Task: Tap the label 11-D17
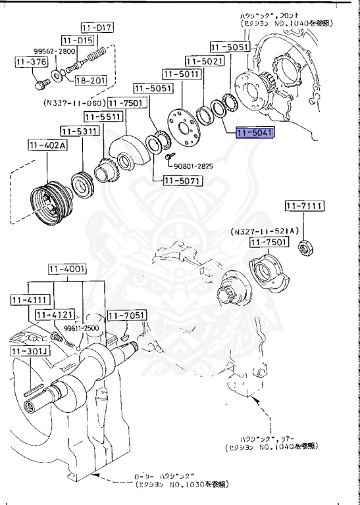(x=97, y=28)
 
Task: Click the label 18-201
(x=90, y=80)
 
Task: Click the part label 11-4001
(x=66, y=270)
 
